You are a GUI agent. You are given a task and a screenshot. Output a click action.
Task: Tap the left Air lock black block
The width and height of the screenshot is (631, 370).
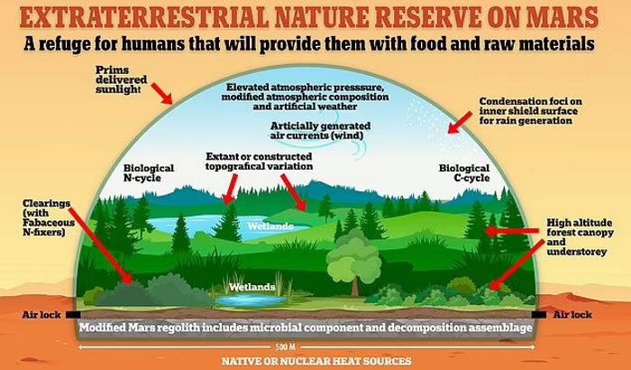click(73, 315)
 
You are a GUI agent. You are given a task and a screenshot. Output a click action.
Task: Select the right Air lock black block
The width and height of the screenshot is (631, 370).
click(539, 314)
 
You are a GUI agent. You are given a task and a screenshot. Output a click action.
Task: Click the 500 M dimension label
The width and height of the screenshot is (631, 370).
click(286, 347)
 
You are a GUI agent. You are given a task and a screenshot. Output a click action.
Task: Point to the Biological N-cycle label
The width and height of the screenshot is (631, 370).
click(149, 173)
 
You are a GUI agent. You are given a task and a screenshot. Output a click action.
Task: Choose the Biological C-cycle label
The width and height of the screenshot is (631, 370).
click(464, 173)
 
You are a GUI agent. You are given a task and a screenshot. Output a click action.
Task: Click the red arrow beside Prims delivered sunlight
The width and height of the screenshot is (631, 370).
click(161, 94)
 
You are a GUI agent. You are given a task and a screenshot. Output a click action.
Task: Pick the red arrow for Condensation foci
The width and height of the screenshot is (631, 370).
click(460, 123)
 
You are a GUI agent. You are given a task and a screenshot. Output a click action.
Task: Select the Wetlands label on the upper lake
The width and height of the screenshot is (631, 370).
click(270, 227)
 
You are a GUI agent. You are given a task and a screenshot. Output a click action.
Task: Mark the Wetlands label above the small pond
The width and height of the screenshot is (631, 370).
click(251, 287)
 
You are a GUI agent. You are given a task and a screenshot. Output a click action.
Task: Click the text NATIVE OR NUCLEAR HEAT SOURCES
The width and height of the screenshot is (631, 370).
click(316, 361)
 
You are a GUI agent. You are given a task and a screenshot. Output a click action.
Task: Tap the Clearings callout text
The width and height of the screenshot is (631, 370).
click(49, 217)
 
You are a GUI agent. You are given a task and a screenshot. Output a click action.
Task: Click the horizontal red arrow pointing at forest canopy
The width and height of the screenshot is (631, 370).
click(511, 231)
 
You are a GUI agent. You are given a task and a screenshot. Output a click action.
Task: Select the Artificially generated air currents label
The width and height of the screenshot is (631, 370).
click(320, 131)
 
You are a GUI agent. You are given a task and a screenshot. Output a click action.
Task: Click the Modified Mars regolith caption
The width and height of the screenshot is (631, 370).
click(306, 328)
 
